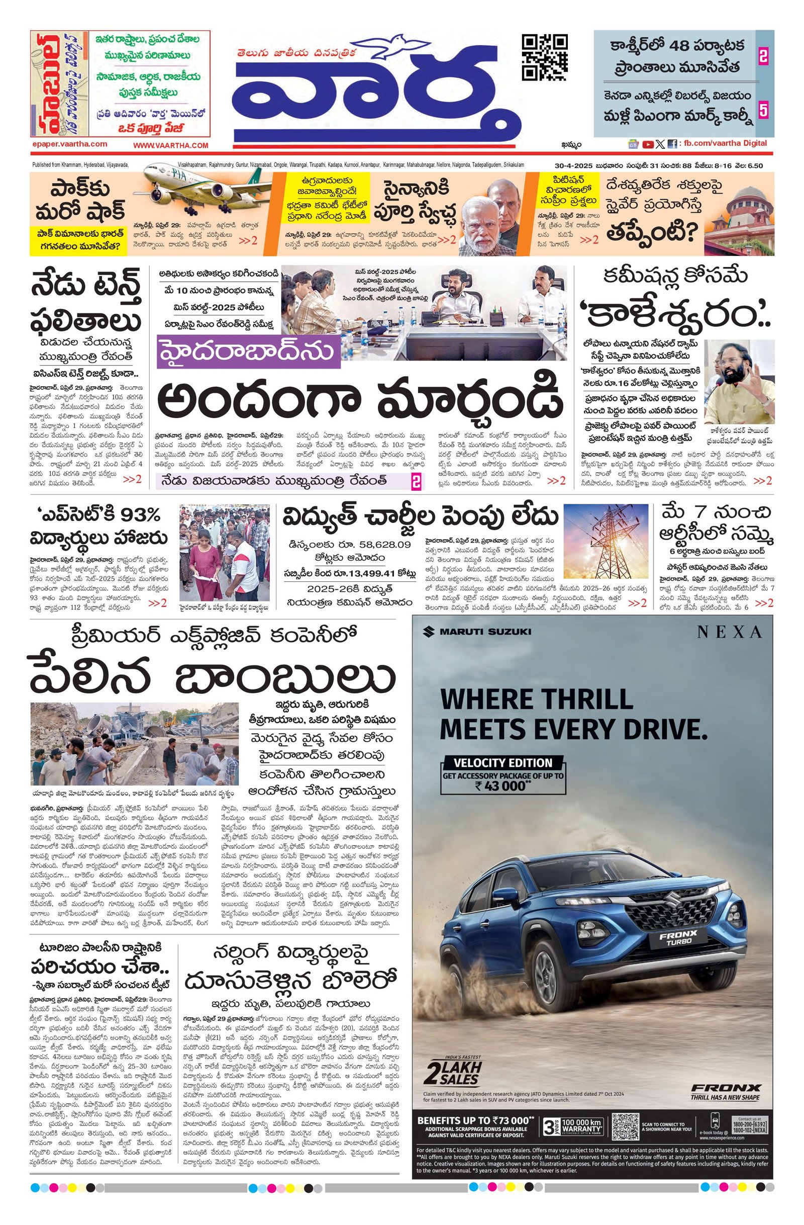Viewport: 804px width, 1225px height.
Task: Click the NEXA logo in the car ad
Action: pos(729,632)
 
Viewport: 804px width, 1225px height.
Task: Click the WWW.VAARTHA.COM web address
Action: pos(170,146)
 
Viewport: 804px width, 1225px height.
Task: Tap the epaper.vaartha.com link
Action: pos(69,145)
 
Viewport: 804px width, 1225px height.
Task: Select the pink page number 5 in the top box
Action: pos(763,111)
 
